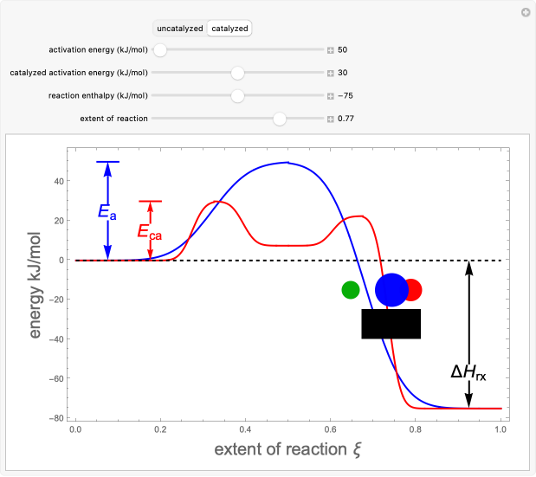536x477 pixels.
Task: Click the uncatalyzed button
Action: click(x=180, y=29)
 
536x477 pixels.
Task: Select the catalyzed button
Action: click(x=229, y=29)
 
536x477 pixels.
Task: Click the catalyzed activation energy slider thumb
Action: click(x=237, y=73)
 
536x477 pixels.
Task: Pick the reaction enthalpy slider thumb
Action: click(x=237, y=95)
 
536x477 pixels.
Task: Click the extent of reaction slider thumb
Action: click(x=279, y=119)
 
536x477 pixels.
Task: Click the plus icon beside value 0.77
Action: click(x=330, y=119)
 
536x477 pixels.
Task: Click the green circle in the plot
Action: click(x=350, y=290)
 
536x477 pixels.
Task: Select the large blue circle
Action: click(x=391, y=290)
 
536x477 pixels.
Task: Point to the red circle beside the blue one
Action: click(x=413, y=290)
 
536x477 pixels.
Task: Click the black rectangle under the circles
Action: click(x=391, y=324)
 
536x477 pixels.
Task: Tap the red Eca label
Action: click(x=149, y=231)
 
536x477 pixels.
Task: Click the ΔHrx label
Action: click(x=468, y=373)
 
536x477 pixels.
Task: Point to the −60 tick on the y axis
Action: click(x=58, y=378)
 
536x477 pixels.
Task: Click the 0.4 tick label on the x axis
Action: click(x=245, y=429)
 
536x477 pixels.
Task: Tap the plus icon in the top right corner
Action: click(x=525, y=12)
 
